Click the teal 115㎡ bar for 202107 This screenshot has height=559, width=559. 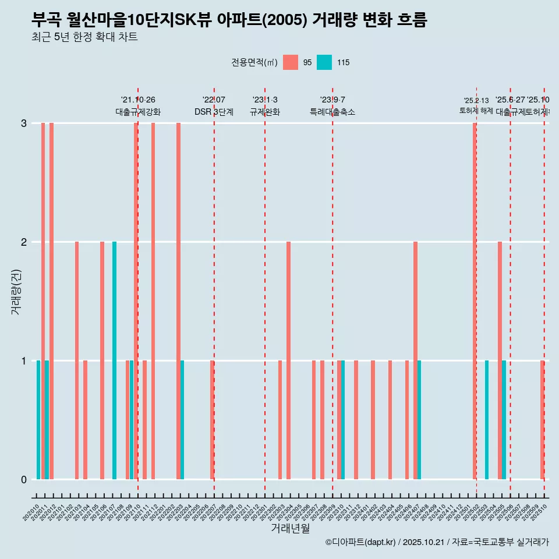[114, 360]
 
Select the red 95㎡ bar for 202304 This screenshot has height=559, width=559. [288, 360]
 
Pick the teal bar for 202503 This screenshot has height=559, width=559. [487, 420]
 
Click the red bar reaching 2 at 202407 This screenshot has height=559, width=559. [415, 360]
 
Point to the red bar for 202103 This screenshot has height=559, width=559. [77, 360]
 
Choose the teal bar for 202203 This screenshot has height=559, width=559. [182, 420]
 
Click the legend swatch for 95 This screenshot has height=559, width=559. [291, 62]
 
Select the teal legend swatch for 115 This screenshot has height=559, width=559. [324, 62]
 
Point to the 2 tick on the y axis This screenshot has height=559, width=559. [24, 242]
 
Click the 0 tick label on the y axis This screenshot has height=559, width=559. [24, 479]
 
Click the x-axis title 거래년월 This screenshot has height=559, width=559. [290, 528]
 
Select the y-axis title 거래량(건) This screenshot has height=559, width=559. [16, 291]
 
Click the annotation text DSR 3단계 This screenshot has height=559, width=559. [214, 112]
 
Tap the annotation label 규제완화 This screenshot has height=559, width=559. [265, 112]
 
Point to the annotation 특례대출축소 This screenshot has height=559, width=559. [332, 112]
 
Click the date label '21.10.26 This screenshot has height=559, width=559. [138, 100]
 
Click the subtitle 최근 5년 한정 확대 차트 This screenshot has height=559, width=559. [84, 37]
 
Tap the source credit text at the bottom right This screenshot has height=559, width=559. [437, 542]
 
